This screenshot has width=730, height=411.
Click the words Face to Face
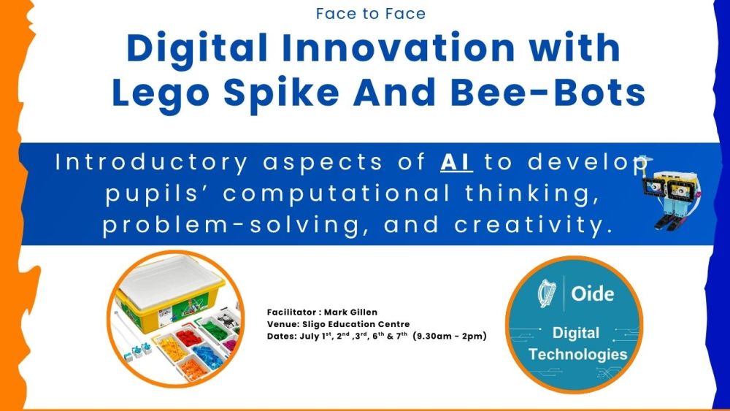(x=371, y=13)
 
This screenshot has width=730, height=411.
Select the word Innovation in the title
(x=399, y=47)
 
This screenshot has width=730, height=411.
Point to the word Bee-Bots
(x=547, y=92)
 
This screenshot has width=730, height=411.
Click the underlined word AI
(x=456, y=163)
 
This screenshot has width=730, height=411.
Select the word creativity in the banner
(x=534, y=226)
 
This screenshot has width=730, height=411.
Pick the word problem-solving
(x=231, y=226)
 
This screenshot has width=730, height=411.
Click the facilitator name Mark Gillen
(x=350, y=312)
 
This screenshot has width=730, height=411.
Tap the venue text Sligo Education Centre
(x=356, y=324)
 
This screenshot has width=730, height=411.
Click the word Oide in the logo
(x=593, y=293)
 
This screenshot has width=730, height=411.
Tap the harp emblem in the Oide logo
(x=547, y=293)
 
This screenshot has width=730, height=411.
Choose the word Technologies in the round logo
(x=577, y=355)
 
